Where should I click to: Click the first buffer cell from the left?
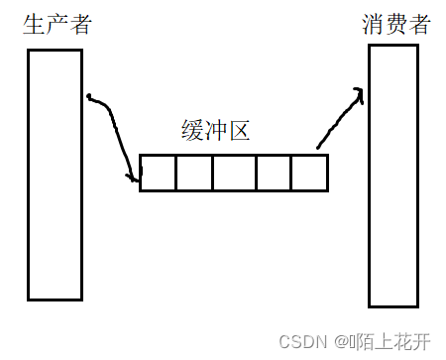coord(158,173)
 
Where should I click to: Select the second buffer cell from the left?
coord(193,173)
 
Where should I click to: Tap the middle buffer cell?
coord(233,173)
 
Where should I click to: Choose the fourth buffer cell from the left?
coord(273,173)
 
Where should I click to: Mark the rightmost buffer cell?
coord(308,173)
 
